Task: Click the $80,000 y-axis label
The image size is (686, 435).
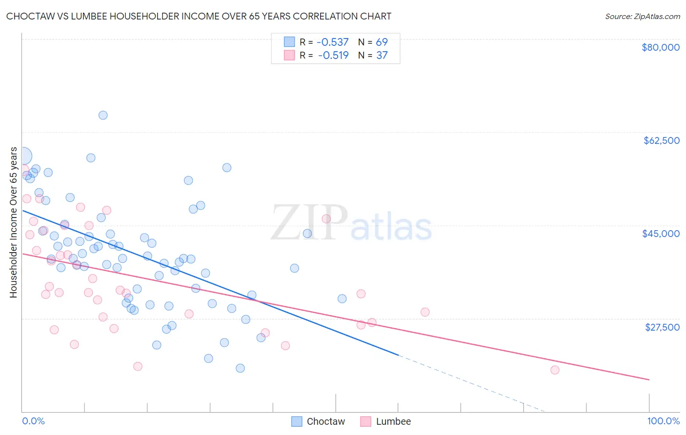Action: tap(660, 47)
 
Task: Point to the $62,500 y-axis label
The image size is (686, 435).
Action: tap(661, 140)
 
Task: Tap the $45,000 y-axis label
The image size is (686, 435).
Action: tap(661, 234)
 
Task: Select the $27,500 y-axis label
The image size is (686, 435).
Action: tap(662, 327)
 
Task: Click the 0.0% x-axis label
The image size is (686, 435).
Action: tap(33, 421)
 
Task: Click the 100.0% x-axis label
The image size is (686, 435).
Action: tap(663, 421)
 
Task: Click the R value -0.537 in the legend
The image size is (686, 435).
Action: tap(333, 42)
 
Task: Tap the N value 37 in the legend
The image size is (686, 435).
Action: tap(382, 56)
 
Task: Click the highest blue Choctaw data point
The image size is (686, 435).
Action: tap(103, 115)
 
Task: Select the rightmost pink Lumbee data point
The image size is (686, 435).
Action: tap(555, 370)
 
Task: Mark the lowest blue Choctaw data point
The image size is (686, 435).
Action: tap(240, 368)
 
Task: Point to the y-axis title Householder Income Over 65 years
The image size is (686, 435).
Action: tap(13, 222)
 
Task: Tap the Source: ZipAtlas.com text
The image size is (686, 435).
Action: tap(642, 16)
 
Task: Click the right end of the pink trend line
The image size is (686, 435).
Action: tap(649, 379)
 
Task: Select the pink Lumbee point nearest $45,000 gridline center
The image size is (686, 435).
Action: tap(326, 218)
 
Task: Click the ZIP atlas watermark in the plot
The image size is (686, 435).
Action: tap(351, 223)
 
